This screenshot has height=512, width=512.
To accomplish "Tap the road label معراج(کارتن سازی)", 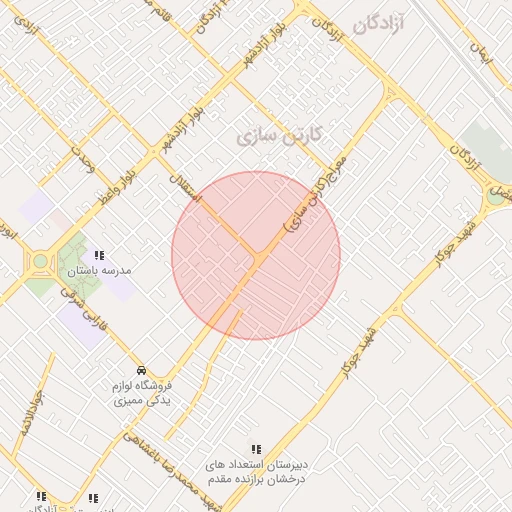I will pyautogui.click(x=316, y=194).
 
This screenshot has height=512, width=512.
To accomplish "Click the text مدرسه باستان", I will pyautogui.click(x=100, y=270).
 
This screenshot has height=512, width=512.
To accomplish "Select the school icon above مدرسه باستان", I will pyautogui.click(x=99, y=255).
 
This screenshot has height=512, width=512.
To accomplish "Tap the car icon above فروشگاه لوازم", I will pyautogui.click(x=141, y=370).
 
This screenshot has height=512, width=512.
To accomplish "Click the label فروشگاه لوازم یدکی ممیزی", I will pyautogui.click(x=140, y=392).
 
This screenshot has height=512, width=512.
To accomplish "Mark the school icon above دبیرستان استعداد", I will pyautogui.click(x=256, y=449).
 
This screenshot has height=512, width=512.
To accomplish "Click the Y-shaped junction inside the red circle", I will pyautogui.click(x=258, y=259).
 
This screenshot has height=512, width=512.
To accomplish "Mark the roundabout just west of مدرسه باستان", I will pyautogui.click(x=40, y=262).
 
